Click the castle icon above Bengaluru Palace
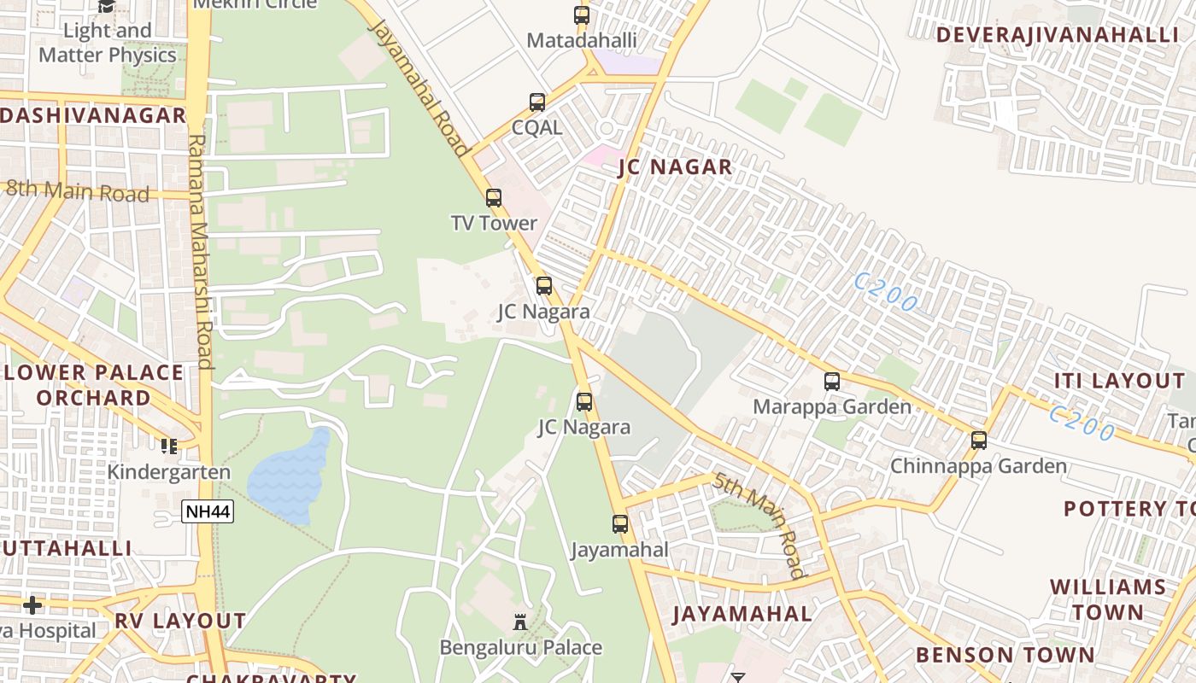(520, 622)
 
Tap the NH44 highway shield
(208, 511)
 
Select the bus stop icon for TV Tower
(494, 198)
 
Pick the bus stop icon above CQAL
(537, 102)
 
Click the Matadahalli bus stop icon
(582, 15)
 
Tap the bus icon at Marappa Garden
(832, 382)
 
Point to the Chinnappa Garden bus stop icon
(979, 441)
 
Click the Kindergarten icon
(169, 446)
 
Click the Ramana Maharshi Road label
(201, 251)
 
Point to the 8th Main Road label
(78, 190)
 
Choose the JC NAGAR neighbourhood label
(676, 167)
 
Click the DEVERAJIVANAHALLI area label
(1057, 35)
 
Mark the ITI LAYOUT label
(1119, 381)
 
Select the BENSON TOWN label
(1005, 655)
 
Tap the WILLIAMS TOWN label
(1108, 599)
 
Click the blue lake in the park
(288, 479)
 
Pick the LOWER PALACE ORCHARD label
(93, 385)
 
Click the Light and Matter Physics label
(108, 43)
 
